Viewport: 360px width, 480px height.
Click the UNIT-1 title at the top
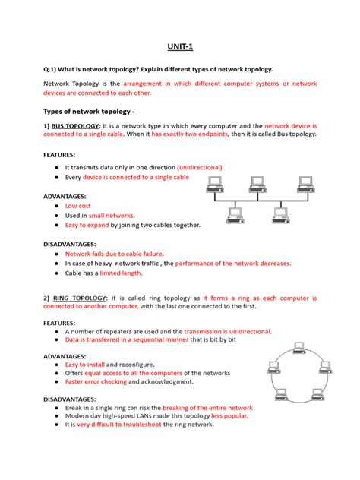tap(180, 47)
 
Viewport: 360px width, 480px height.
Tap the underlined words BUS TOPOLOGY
tap(78, 127)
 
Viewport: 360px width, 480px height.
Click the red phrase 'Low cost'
tap(78, 206)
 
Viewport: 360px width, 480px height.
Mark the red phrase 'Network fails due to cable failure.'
tap(115, 254)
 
